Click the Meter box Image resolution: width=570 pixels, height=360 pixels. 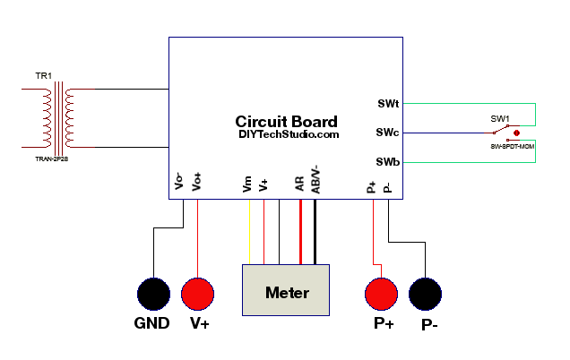[287, 291]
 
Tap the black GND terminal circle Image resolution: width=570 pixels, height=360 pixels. [153, 293]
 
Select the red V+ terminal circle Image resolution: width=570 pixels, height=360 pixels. [198, 293]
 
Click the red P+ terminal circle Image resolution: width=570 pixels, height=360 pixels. [381, 293]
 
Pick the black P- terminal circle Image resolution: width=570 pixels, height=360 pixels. [427, 293]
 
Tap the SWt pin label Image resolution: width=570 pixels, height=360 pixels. [386, 103]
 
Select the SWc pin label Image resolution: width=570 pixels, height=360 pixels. [386, 133]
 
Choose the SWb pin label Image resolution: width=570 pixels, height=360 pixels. [386, 162]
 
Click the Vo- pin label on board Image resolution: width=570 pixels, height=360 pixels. [180, 182]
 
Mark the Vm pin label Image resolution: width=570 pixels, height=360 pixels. [247, 184]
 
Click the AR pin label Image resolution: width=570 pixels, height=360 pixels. [300, 184]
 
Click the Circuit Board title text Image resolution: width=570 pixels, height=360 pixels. [286, 122]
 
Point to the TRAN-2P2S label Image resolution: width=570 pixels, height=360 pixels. [51, 159]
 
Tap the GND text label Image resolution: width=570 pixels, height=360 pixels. [151, 323]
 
